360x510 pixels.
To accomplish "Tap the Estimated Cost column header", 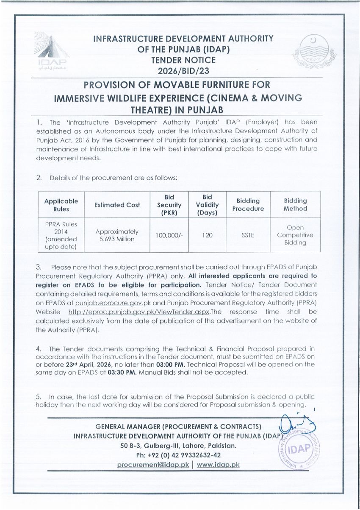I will pos(117,205).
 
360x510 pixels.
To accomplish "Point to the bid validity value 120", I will pos(207,235).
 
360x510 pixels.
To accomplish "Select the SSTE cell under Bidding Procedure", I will pos(248,235).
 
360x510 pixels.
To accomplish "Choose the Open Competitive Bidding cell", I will pos(295,235).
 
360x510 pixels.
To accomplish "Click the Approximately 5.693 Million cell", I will pos(117,235).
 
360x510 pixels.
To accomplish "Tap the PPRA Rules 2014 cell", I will pos(61,235).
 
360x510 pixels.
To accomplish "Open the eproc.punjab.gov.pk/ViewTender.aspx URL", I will pos(139,312).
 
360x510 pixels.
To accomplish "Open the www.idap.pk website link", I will pos(218,465).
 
